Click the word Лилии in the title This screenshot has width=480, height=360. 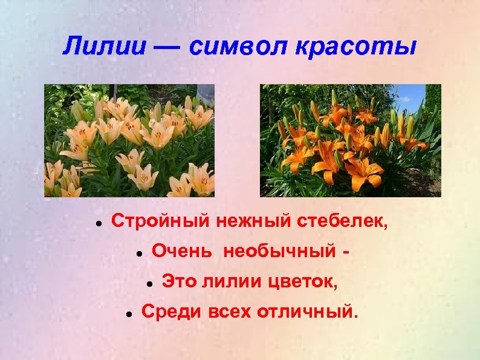[x=104, y=47]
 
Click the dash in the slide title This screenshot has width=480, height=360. [x=167, y=47]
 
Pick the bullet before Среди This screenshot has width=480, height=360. [x=129, y=313]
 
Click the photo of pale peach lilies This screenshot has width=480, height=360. [x=129, y=140]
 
